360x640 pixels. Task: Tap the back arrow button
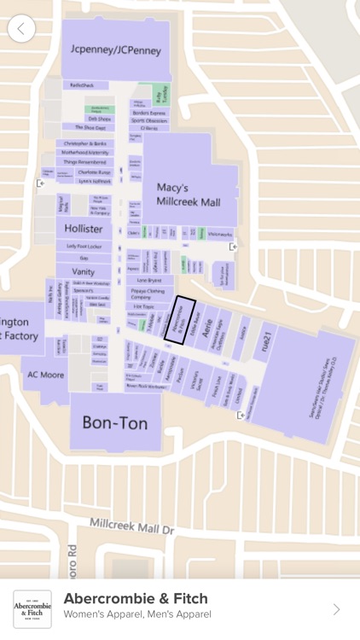point(21,28)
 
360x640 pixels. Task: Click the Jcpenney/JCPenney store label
point(116,50)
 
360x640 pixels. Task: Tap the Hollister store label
point(84,229)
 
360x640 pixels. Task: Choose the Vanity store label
point(83,271)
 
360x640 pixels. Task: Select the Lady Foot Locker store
point(84,246)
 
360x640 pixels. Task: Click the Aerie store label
point(206,331)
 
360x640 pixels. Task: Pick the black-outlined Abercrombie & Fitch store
point(179,320)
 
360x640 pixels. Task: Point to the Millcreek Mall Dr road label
point(131,526)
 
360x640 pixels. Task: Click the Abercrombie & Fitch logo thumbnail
point(32,609)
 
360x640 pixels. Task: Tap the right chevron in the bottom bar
point(336,609)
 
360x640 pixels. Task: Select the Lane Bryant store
point(149,280)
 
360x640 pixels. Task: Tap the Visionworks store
point(219,233)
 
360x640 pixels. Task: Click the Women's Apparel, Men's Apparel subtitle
point(136,614)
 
